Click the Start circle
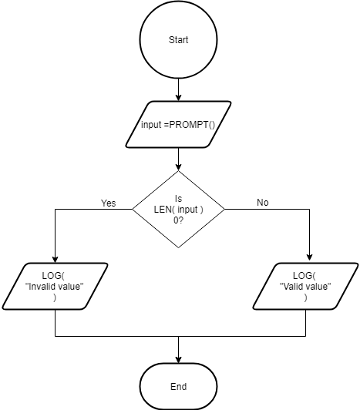click(178, 39)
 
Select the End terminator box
click(178, 385)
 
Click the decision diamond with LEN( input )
click(178, 209)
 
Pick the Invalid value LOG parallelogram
click(55, 286)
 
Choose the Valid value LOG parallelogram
click(307, 286)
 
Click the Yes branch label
click(108, 203)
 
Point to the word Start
click(178, 39)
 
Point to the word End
click(178, 386)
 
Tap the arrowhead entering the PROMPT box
click(178, 97)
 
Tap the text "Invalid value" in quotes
click(55, 287)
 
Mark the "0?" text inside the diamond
click(178, 220)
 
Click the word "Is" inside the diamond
click(178, 198)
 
